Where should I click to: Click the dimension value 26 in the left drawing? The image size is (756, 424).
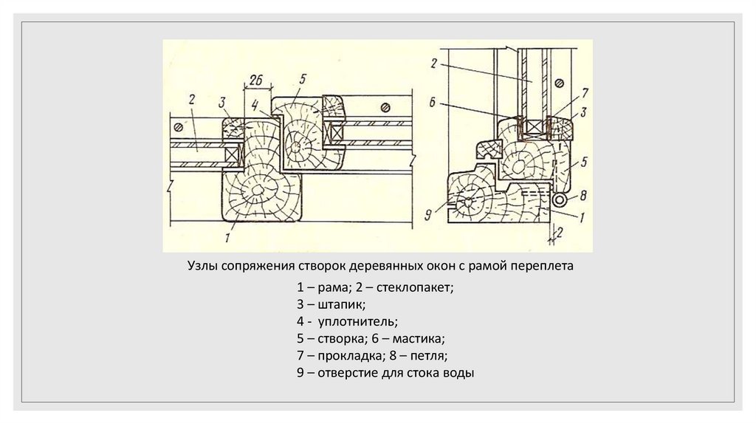tap(257, 80)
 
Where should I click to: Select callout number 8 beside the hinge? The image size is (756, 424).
tap(583, 196)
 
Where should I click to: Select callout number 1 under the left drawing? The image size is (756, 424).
tap(229, 238)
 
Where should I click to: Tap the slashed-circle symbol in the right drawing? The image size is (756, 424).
tap(559, 81)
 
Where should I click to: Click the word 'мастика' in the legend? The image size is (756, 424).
tap(418, 339)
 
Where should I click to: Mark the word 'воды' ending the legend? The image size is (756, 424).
tap(458, 373)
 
